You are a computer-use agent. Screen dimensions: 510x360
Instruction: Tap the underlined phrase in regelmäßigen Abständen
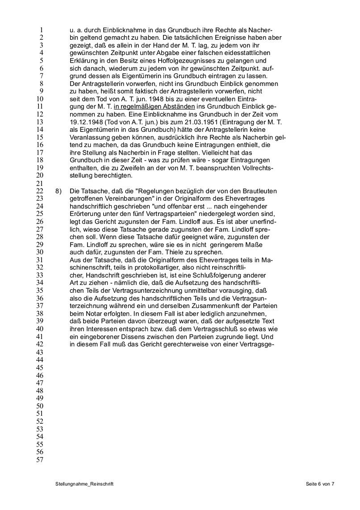pos(155,106)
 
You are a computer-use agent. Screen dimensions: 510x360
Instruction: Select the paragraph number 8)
pos(59,191)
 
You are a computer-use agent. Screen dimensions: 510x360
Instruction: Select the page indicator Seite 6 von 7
pos(320,484)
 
